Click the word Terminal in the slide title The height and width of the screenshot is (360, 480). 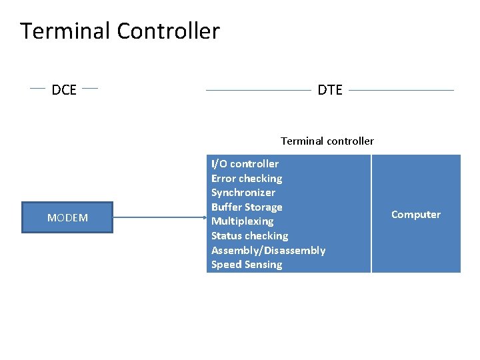[65, 31]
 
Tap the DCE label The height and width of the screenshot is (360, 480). [64, 90]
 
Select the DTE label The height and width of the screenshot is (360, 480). [330, 90]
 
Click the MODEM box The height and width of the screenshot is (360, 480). [67, 217]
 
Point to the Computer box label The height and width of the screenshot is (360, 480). [416, 215]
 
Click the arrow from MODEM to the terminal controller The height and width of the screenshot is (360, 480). [160, 217]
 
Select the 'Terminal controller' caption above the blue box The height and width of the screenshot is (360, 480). [327, 141]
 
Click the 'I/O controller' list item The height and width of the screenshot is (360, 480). [245, 164]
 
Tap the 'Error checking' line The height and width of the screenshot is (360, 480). [247, 179]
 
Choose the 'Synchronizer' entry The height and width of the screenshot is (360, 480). [243, 193]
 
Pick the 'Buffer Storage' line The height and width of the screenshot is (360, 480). [247, 207]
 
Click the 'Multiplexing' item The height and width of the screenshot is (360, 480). [242, 221]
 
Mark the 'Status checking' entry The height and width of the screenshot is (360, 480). [249, 236]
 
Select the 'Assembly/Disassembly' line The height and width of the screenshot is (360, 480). [268, 251]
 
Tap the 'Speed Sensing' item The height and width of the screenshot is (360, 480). [247, 265]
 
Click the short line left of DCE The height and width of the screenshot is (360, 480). [37, 87]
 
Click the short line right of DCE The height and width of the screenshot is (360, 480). [90, 87]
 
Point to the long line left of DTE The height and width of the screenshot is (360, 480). [259, 90]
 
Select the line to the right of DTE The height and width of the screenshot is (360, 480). [401, 90]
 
